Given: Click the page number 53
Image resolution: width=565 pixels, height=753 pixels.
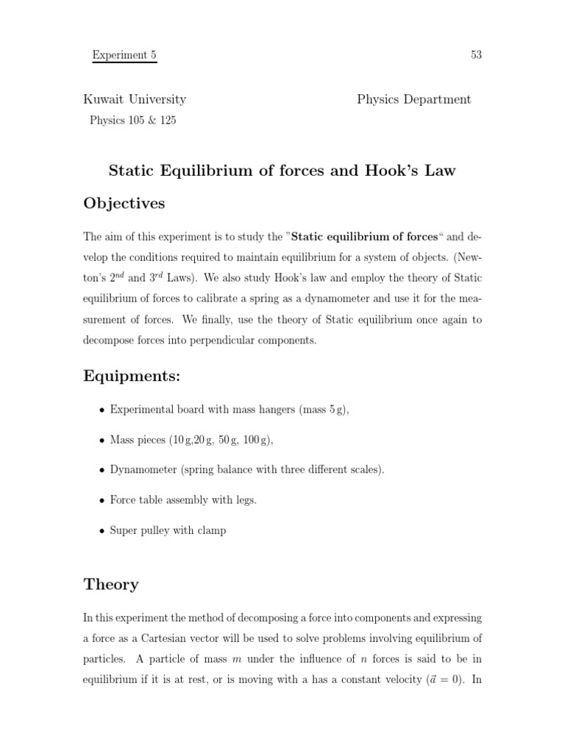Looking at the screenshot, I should click(475, 55).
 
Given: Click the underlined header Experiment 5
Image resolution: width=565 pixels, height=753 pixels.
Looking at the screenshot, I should click(124, 55).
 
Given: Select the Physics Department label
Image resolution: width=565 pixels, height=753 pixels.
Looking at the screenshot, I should click(413, 99).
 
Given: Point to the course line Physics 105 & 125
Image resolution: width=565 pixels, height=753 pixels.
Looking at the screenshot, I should click(132, 121).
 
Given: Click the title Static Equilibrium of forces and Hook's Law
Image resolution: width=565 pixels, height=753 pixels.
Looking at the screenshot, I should click(282, 171).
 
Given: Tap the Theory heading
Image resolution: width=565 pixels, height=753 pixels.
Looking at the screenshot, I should click(111, 585).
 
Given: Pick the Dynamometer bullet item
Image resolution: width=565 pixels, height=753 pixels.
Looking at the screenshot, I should click(246, 470).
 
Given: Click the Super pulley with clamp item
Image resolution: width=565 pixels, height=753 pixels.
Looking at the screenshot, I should click(168, 530).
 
